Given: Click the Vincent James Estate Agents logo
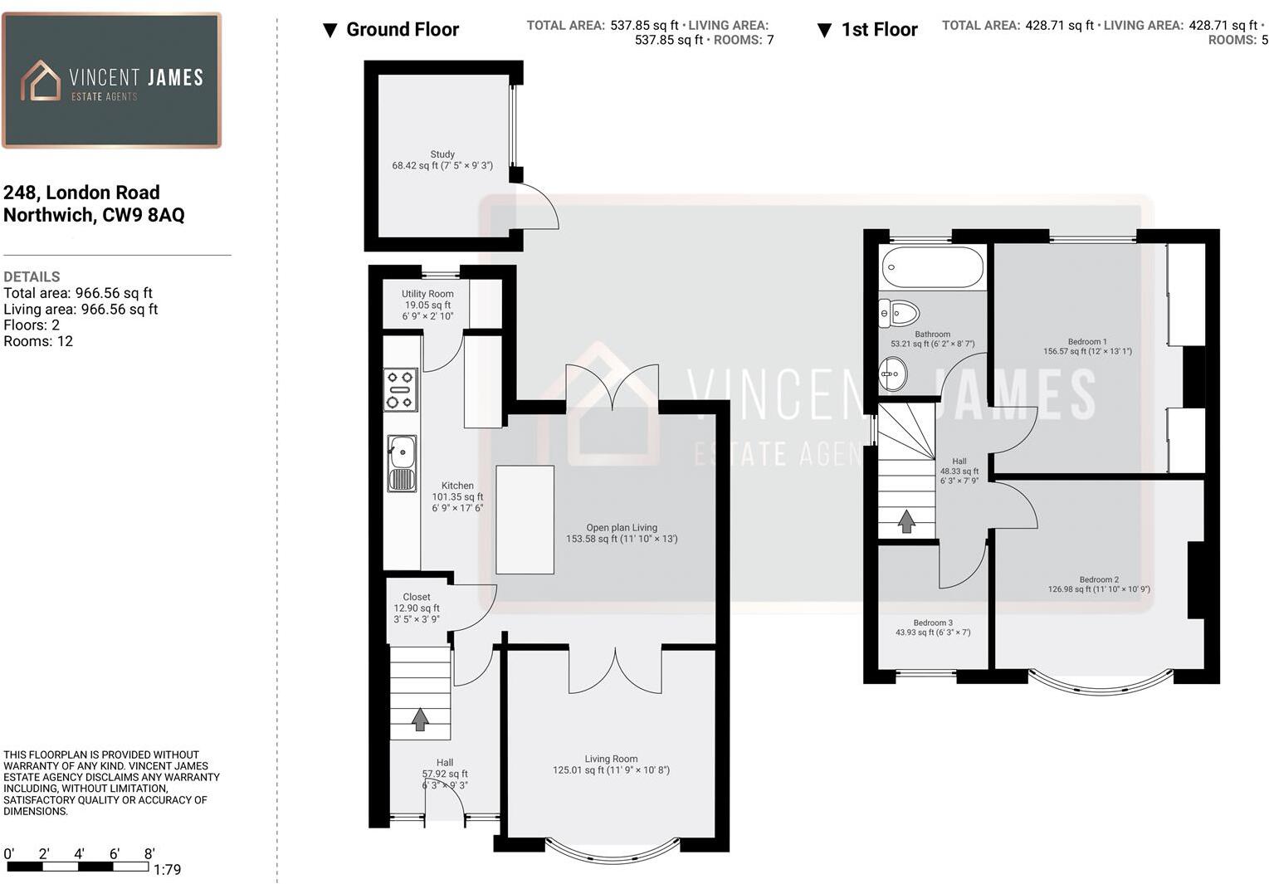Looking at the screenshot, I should [x=111, y=81].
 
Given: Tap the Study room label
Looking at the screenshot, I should [x=442, y=154].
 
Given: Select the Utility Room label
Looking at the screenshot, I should [x=427, y=294].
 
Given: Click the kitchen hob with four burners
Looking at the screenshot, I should [x=401, y=389].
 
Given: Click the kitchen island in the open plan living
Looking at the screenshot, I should [x=525, y=520].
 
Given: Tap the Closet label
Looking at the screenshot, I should [x=417, y=597].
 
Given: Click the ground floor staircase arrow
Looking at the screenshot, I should [x=420, y=719].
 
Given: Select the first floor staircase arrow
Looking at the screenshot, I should [x=906, y=521].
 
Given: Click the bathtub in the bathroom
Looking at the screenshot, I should [x=932, y=267].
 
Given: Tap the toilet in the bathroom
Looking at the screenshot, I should [x=900, y=314].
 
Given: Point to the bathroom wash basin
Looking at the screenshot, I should [x=893, y=374].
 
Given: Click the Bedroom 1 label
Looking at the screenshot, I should [x=1087, y=341].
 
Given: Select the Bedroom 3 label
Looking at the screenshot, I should [x=933, y=623].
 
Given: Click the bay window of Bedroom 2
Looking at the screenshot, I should [x=1101, y=684].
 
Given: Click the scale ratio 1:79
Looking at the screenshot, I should [x=167, y=870].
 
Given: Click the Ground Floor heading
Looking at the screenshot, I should [x=402, y=30].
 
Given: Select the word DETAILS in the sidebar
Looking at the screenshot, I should [x=32, y=276].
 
